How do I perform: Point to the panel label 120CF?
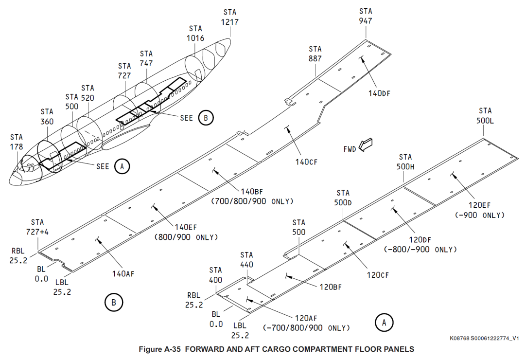coord(378,275)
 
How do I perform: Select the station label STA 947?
coord(366,16)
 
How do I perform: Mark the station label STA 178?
coord(17,142)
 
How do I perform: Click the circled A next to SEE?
coord(122,166)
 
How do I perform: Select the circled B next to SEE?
coord(206,117)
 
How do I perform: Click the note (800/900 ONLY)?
coord(186,237)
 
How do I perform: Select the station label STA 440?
coord(246,259)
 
